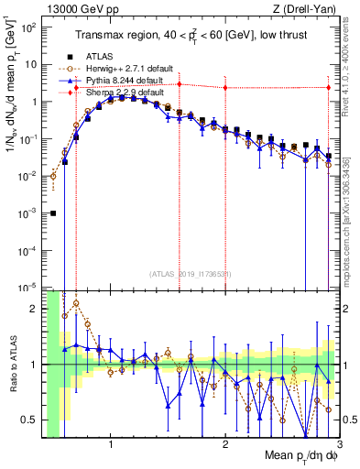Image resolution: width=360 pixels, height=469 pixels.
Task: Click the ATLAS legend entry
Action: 95,55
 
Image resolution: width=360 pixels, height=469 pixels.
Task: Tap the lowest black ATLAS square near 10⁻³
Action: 53,213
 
